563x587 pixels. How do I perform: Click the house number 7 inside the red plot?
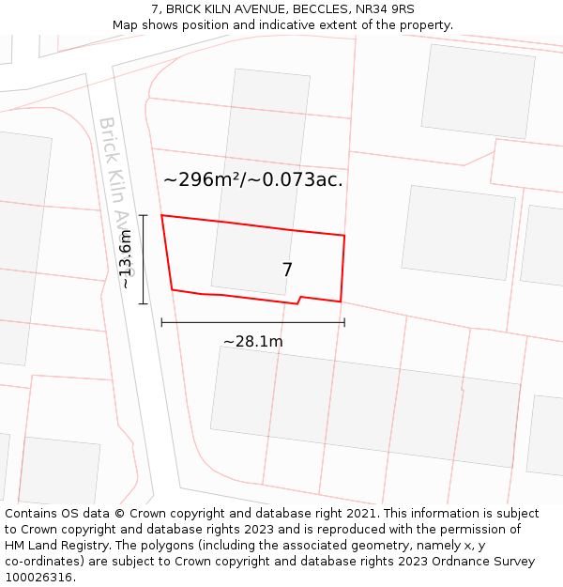click(x=287, y=270)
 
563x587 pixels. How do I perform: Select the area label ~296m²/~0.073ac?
click(x=252, y=179)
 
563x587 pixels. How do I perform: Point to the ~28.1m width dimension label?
click(x=252, y=342)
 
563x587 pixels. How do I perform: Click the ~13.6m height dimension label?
click(x=126, y=259)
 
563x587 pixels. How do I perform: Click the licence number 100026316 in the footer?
click(x=38, y=578)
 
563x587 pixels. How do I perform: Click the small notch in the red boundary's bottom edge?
click(x=298, y=300)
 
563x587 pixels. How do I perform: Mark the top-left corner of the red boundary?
click(x=162, y=216)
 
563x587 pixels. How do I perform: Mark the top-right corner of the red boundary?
click(x=344, y=236)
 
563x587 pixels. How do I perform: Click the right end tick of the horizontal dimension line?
click(x=344, y=322)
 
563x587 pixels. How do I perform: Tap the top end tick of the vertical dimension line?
click(x=143, y=215)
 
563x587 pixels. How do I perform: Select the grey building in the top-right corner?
click(x=478, y=91)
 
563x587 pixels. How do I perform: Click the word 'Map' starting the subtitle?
click(x=125, y=25)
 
